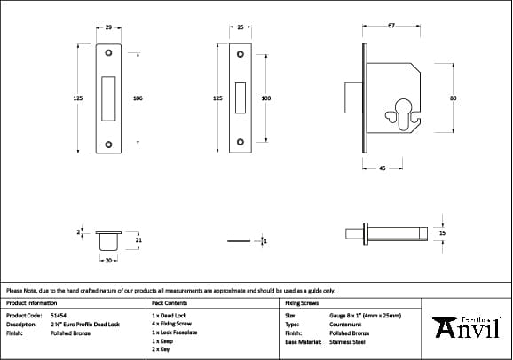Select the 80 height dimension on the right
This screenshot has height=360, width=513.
(x=453, y=98)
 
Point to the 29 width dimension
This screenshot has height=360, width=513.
(x=108, y=27)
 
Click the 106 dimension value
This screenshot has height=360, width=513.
(x=138, y=98)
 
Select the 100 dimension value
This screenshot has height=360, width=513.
(x=266, y=98)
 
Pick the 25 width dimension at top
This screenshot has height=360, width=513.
(x=241, y=27)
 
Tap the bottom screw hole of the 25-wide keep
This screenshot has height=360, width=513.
(x=241, y=140)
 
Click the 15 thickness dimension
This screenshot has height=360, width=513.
(x=442, y=232)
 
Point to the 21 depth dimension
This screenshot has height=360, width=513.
(x=138, y=239)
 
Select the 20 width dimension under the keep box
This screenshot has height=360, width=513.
(x=108, y=262)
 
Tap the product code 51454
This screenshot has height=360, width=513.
(x=58, y=315)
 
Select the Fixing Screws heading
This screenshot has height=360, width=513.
(x=302, y=302)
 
